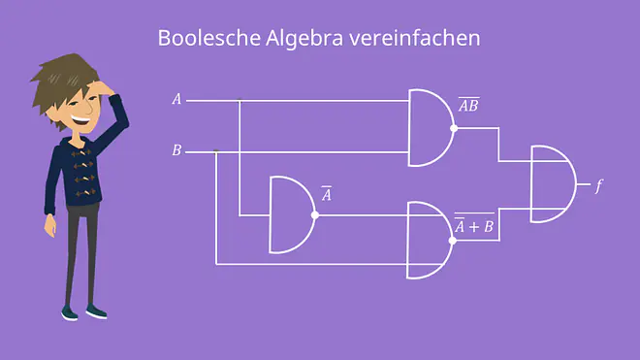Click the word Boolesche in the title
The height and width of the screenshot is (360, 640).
[x=209, y=38]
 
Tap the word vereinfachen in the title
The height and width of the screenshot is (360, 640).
[x=415, y=38]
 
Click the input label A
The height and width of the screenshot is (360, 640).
[x=176, y=99]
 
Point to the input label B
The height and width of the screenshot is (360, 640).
[x=176, y=150]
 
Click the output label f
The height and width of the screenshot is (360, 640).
[x=598, y=186]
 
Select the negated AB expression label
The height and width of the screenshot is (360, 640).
[x=468, y=105]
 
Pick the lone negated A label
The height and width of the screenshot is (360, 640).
[x=327, y=194]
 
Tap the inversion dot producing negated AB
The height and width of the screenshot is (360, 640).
[x=454, y=128]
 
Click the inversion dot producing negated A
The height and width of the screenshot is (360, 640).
[x=315, y=215]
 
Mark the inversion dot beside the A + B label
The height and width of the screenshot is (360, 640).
[x=452, y=241]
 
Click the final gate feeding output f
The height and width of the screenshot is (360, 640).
[x=553, y=184]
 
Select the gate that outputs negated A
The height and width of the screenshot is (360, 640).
[x=292, y=215]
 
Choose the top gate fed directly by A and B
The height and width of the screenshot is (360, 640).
[x=431, y=128]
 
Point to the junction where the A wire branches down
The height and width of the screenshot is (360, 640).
[x=240, y=100]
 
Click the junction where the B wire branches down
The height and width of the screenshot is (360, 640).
[x=216, y=151]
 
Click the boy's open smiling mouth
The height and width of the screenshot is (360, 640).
[x=80, y=120]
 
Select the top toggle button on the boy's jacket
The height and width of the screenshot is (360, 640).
[x=81, y=152]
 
